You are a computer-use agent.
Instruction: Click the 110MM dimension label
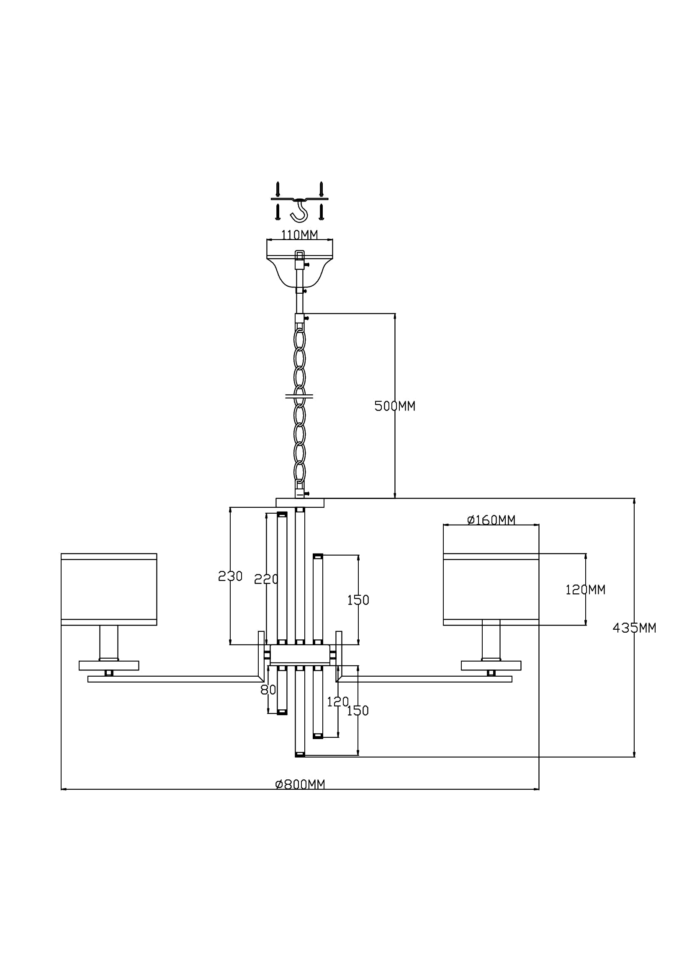[x=299, y=235]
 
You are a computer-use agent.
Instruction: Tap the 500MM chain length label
[x=395, y=406]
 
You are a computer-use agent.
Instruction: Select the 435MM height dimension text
[x=635, y=628]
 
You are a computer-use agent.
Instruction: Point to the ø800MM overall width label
[x=300, y=784]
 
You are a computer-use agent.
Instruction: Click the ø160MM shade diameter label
[x=491, y=520]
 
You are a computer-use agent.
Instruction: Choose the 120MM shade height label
[x=585, y=590]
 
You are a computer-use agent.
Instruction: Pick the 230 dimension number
[x=230, y=577]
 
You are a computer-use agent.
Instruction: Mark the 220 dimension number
[x=266, y=579]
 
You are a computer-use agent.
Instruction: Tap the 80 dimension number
[x=268, y=690]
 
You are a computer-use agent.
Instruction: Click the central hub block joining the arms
[x=300, y=655]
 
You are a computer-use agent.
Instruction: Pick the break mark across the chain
[x=299, y=396]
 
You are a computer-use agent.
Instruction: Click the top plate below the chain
[x=300, y=502]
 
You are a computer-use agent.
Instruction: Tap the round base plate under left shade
[x=109, y=665]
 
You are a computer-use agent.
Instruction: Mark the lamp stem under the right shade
[x=491, y=643]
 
